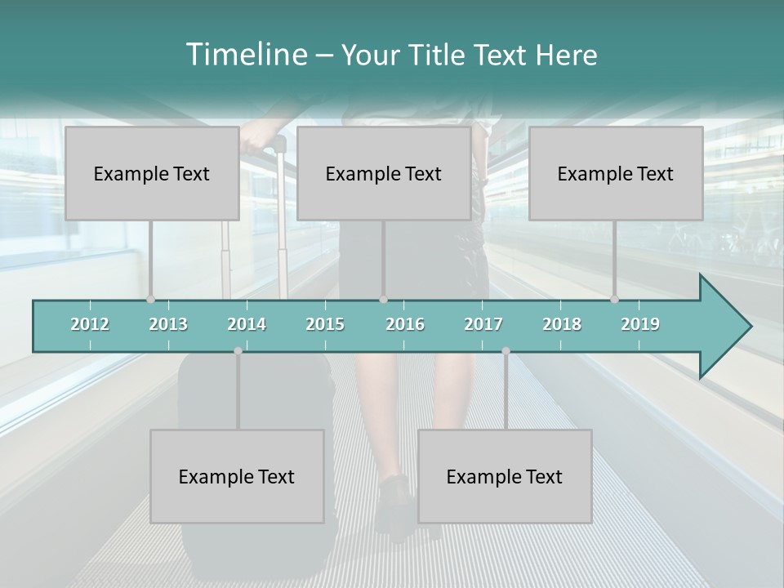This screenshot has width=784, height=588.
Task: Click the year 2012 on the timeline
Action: (x=90, y=324)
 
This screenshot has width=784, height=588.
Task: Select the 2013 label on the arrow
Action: (x=168, y=324)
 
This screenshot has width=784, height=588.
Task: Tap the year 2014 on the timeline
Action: (x=247, y=324)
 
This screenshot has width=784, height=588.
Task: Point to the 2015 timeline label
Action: (x=325, y=324)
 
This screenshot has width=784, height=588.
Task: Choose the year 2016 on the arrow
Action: (x=405, y=324)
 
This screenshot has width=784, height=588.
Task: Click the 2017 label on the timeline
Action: (x=483, y=324)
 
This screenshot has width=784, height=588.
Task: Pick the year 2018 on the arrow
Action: (x=562, y=324)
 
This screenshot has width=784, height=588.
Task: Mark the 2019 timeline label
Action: (x=640, y=324)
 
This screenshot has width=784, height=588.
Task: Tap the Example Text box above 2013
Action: (x=152, y=173)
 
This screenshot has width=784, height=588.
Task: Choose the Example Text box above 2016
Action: (x=384, y=173)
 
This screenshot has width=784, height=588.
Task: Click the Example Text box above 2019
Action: (x=616, y=173)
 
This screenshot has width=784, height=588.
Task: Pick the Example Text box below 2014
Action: (x=237, y=476)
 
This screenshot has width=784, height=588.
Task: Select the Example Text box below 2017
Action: (x=505, y=476)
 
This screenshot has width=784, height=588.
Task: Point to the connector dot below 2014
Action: (x=238, y=350)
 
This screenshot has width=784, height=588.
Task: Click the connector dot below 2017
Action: (x=506, y=350)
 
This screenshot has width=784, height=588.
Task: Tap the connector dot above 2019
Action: (x=614, y=299)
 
